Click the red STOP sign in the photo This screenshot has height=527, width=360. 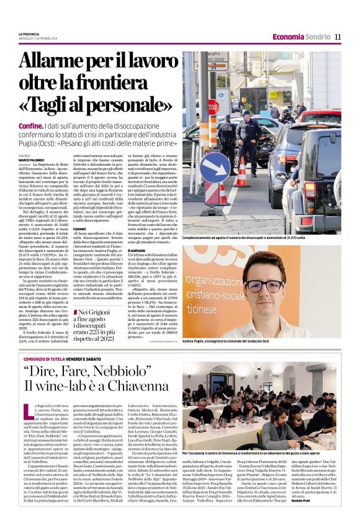[x=214, y=106]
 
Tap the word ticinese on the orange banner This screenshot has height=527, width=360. [x=218, y=308]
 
